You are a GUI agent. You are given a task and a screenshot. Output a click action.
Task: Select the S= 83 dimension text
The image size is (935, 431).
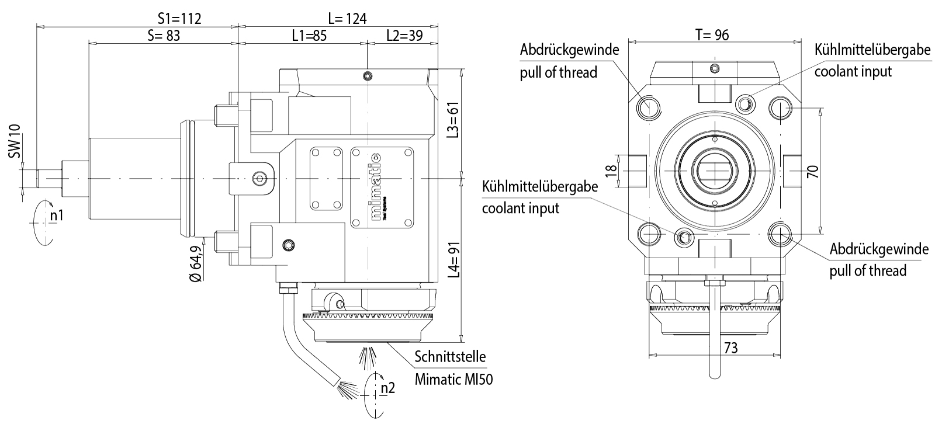point(164,36)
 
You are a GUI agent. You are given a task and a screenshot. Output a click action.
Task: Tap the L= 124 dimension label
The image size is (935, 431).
point(347,18)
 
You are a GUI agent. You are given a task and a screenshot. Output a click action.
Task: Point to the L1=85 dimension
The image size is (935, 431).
point(309,36)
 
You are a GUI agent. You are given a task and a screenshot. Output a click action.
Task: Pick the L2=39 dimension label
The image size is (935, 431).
point(404,36)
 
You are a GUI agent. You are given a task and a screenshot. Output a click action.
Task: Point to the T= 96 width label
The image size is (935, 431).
point(712,35)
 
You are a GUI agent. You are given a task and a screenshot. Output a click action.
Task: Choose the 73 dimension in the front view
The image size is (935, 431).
point(730,348)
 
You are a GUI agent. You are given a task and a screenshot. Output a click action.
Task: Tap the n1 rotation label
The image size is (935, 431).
point(57,215)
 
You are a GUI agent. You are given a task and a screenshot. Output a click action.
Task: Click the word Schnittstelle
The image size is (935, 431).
point(450,356)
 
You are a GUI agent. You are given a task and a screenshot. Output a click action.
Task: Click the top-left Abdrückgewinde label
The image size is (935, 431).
point(569,50)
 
